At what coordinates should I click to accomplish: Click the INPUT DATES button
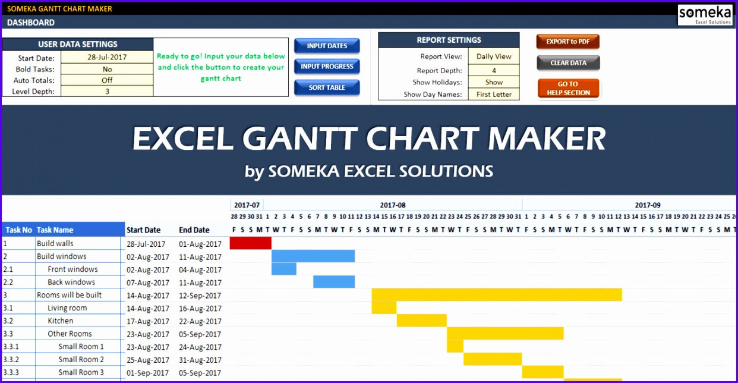click(327, 46)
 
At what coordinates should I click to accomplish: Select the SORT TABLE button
click(327, 87)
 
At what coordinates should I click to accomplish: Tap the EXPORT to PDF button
click(567, 42)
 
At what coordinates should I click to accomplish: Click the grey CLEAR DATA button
click(568, 62)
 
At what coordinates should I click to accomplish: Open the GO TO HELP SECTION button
click(568, 88)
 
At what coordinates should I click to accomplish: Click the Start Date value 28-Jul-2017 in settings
click(107, 58)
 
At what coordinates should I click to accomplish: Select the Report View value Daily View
click(494, 56)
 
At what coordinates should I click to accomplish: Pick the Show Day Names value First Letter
click(494, 95)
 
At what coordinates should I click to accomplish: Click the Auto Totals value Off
click(107, 80)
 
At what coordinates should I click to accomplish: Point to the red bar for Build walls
click(250, 243)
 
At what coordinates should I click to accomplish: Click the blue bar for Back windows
click(334, 282)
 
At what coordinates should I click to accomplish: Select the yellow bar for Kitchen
click(421, 321)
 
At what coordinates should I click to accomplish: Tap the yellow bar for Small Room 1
click(455, 346)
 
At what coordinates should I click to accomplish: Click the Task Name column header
click(55, 230)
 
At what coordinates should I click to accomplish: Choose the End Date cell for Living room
click(200, 308)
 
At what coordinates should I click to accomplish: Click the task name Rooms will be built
click(69, 295)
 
